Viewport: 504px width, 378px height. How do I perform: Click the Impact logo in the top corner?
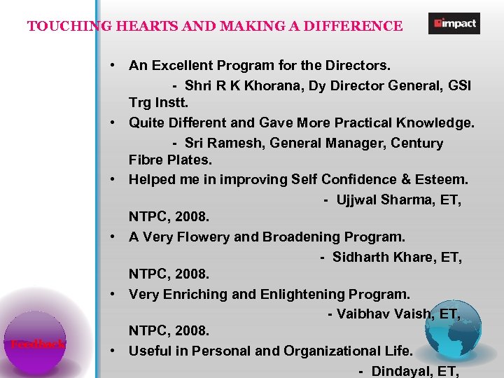tap(454, 24)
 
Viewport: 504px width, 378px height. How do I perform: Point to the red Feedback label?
tap(38, 344)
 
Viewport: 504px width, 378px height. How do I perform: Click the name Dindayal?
tap(401, 371)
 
